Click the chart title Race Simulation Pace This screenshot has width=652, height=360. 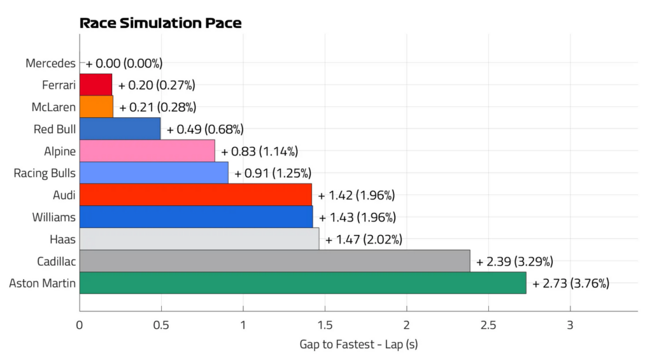click(160, 23)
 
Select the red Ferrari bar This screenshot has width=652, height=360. click(96, 85)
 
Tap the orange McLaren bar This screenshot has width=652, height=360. click(96, 107)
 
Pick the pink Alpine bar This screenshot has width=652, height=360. click(147, 150)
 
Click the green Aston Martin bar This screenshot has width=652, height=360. click(302, 283)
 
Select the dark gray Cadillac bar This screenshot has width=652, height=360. click(275, 261)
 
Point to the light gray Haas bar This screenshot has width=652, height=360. click(199, 239)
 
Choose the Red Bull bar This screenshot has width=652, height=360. click(120, 129)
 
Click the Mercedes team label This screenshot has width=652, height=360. click(50, 63)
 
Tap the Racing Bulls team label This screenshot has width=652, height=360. click(45, 173)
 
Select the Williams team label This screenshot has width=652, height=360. click(53, 217)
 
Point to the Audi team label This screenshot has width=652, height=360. click(64, 195)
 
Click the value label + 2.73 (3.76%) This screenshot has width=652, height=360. click(570, 284)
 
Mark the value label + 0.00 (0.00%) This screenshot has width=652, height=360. click(124, 63)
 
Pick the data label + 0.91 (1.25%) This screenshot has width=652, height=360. click(273, 173)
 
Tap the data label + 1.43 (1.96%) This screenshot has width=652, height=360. click(357, 217)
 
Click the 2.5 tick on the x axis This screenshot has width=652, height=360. click(488, 325)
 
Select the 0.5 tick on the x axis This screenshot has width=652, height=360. click(161, 325)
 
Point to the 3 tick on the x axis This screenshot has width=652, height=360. click(570, 325)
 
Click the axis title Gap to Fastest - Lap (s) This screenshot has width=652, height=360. click(358, 345)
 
